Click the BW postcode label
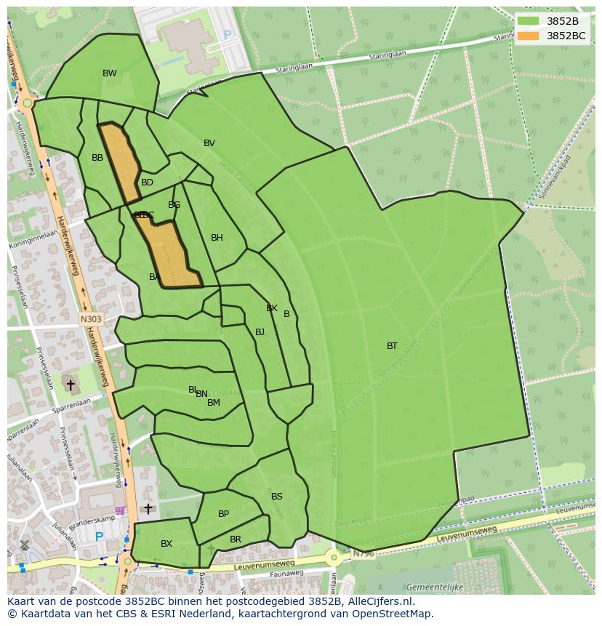[109, 73]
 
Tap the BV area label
[209, 143]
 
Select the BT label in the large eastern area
[392, 346]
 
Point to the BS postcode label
[276, 497]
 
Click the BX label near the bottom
[166, 544]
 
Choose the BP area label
[223, 514]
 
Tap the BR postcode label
[235, 539]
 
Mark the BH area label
[217, 238]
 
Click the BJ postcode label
[260, 332]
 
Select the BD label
[147, 182]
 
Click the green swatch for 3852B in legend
[529, 21]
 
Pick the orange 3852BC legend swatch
[529, 36]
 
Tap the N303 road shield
[91, 318]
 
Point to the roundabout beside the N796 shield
[334, 558]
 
